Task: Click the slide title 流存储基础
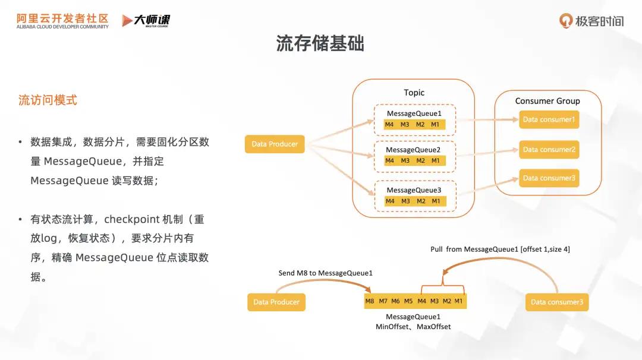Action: coord(320,43)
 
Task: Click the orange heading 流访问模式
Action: coord(48,100)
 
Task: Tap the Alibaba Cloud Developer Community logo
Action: coord(62,21)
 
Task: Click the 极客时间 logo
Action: coord(591,21)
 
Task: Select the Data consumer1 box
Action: coord(549,119)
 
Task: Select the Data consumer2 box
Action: coord(549,150)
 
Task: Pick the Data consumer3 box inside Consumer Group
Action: coord(549,178)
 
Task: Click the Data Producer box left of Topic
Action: coord(275,144)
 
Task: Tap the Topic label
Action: coord(414,93)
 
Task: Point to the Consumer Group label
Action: coord(547,101)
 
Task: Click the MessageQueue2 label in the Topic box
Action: coord(413,150)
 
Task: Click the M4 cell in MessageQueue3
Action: coord(390,201)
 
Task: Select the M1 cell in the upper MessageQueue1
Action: coord(436,124)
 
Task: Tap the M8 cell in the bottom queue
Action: coord(370,301)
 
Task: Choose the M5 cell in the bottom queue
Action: coord(408,301)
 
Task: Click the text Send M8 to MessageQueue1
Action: coord(325,273)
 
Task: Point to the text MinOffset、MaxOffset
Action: coord(413,327)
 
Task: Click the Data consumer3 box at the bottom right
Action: coord(557,302)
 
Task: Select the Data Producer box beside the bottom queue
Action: coord(276,302)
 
